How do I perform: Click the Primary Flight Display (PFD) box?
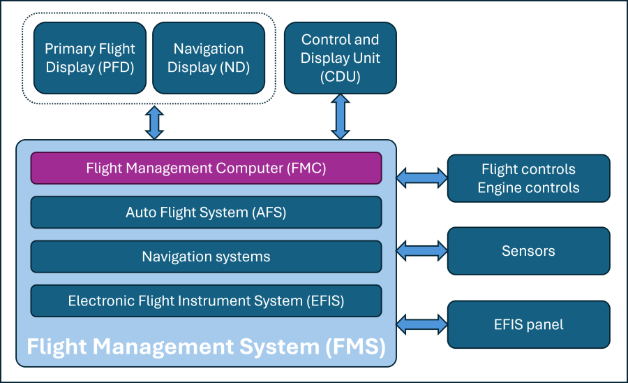point(90,58)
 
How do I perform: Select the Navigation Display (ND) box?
point(209,58)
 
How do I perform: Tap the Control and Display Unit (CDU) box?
point(341,58)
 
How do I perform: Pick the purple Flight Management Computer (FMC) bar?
point(206,168)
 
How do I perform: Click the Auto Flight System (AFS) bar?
point(206,212)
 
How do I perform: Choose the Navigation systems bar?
point(206,256)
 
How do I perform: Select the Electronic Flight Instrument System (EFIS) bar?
point(206,301)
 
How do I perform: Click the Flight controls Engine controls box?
point(528,178)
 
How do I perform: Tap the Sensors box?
point(528,251)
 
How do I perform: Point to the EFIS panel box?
point(528,324)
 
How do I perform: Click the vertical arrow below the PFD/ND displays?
point(154,122)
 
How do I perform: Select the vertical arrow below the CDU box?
point(341,117)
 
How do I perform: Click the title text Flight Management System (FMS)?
point(206,346)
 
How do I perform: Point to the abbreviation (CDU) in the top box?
point(341,77)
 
